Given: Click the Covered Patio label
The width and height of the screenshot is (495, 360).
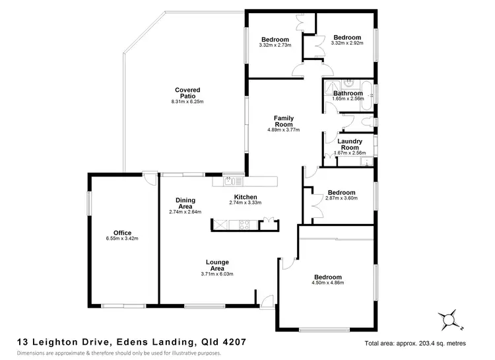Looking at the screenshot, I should [x=187, y=93].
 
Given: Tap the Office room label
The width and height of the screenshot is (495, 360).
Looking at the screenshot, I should [x=122, y=233].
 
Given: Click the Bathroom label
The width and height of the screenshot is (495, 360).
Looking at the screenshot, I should [x=347, y=93].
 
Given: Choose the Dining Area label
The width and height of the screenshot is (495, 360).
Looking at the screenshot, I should [x=185, y=203].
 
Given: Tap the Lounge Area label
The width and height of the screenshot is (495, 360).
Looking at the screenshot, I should [x=217, y=266].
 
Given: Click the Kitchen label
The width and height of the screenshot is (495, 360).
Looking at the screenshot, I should [x=246, y=197].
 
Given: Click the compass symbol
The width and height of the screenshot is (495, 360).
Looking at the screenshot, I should [x=451, y=320].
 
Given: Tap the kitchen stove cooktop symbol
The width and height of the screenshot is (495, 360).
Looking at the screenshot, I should [x=246, y=225].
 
